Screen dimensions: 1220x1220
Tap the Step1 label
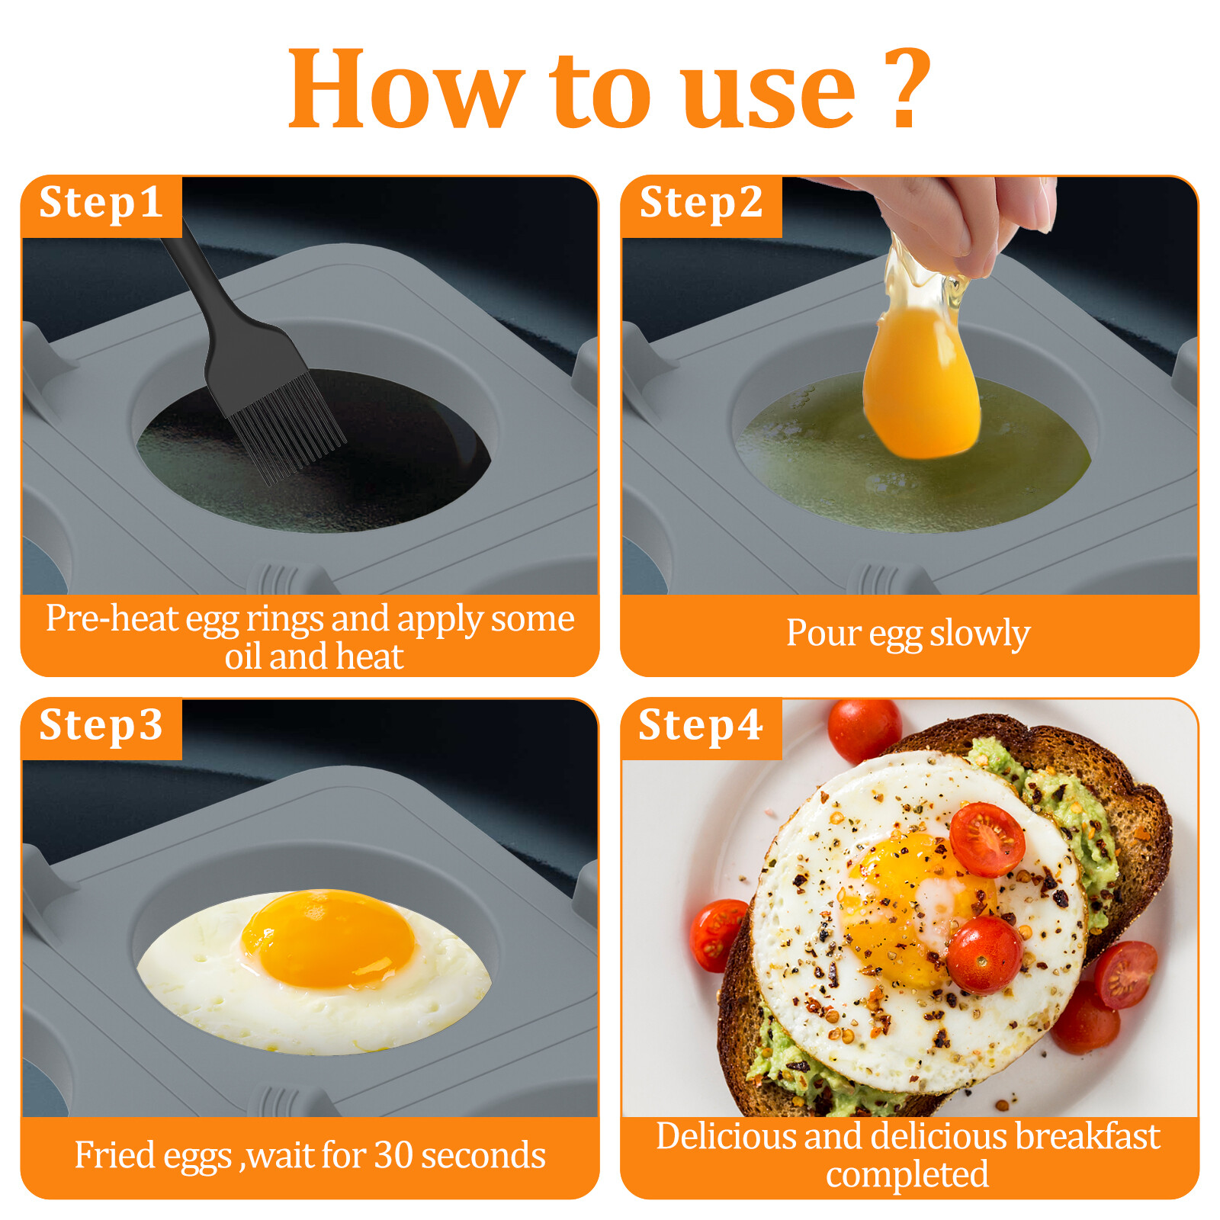(x=101, y=203)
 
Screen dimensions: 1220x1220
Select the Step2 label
(x=701, y=203)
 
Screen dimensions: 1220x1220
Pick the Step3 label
(x=101, y=725)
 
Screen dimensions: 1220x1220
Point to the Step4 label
(x=700, y=725)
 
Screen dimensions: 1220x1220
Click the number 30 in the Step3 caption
(x=393, y=1154)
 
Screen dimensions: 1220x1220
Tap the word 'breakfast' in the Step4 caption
(x=1087, y=1136)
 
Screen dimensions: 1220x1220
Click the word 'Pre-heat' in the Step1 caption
(x=112, y=618)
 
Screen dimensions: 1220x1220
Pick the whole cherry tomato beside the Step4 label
(x=864, y=730)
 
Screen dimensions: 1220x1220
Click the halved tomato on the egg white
(x=986, y=839)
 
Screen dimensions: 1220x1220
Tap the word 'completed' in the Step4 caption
(x=907, y=1175)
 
